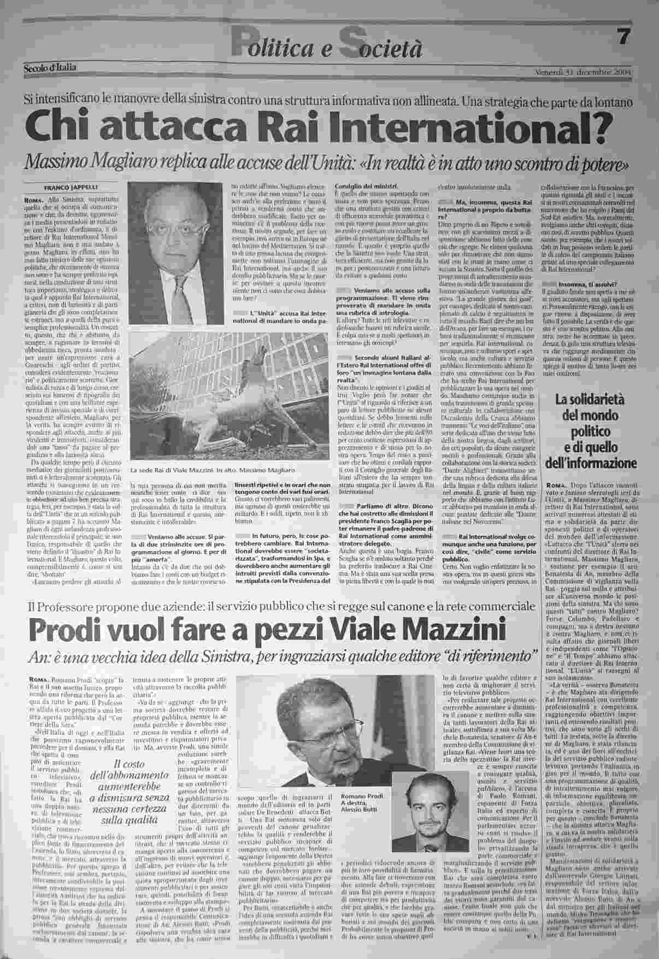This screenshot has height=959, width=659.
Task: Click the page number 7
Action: click(624, 38)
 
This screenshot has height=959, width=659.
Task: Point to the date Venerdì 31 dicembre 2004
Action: click(585, 72)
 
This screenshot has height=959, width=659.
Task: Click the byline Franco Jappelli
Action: click(64, 185)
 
